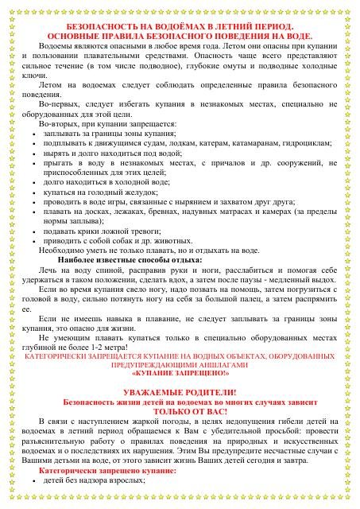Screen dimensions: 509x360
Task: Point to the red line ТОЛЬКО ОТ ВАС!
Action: pyautogui.click(x=180, y=414)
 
